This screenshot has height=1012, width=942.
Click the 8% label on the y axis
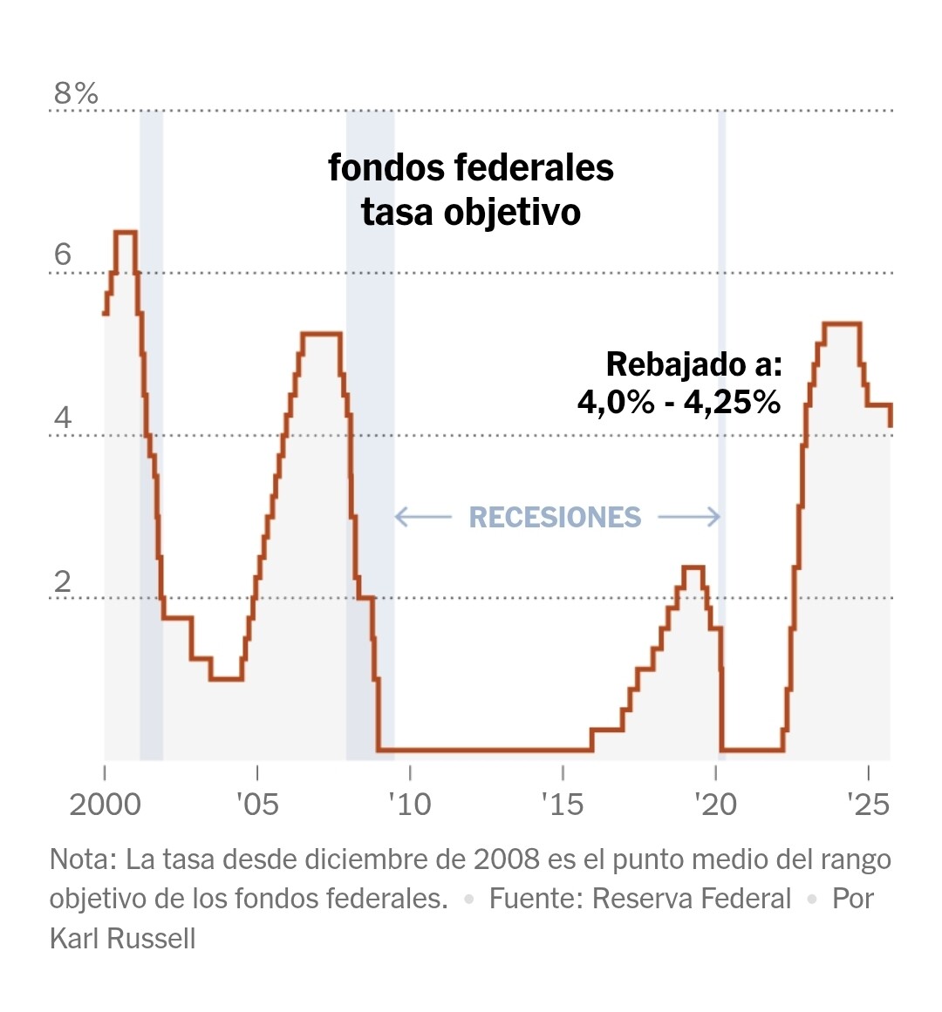tap(76, 93)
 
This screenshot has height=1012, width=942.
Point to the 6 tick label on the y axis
tap(62, 255)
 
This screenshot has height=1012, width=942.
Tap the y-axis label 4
tap(62, 418)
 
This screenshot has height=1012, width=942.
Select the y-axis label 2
tap(62, 581)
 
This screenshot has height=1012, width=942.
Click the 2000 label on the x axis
tap(105, 804)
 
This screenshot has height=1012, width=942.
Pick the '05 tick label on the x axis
tap(257, 804)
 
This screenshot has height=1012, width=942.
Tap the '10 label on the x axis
tap(410, 804)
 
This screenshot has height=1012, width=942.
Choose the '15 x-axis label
tap(563, 804)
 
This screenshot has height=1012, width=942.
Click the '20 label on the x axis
tap(715, 804)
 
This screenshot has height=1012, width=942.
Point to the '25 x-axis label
tap(869, 804)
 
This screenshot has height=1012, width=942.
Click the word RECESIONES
tap(555, 518)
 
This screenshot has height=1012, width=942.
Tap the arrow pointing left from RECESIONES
tap(423, 518)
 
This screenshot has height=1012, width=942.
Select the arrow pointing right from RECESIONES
tap(689, 518)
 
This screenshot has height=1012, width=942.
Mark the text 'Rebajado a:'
tap(693, 364)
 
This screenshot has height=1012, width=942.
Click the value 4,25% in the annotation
tap(732, 402)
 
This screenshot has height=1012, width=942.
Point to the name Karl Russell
tap(122, 939)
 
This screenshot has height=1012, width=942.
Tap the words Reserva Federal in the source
tap(692, 899)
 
